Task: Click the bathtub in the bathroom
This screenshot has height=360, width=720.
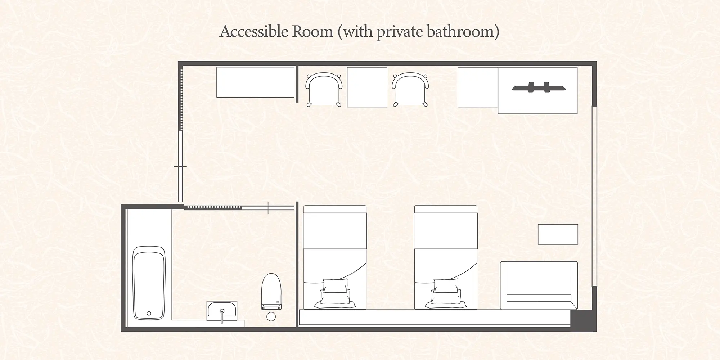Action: point(149,283)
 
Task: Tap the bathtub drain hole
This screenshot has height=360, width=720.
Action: point(149,314)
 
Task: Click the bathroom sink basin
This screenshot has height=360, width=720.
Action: point(222,309)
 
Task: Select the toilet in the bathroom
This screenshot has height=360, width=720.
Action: point(271,292)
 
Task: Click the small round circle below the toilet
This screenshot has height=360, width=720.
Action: point(271,316)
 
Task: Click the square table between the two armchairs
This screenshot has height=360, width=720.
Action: point(367,87)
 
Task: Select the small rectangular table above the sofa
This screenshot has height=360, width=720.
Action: point(558,234)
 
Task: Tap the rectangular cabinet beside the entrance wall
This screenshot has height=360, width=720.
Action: point(255,82)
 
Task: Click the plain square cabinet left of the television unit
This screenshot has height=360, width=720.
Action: point(478,87)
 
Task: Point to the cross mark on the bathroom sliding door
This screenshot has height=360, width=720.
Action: point(268,208)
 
